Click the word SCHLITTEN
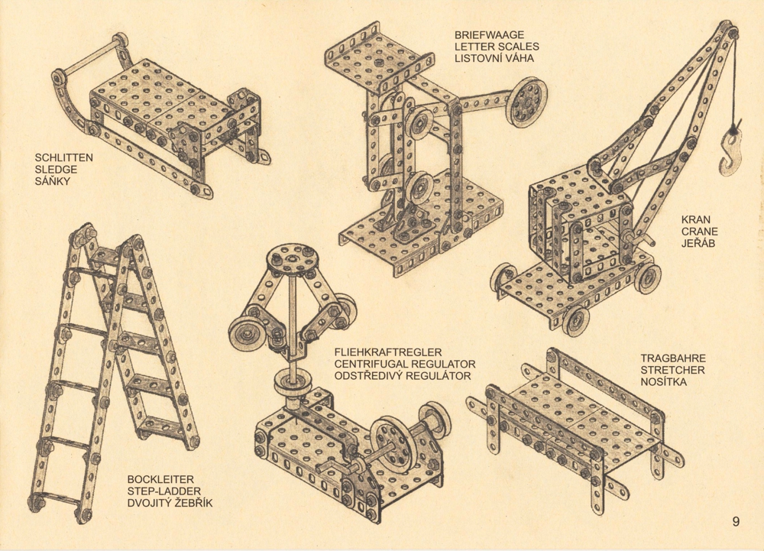64,158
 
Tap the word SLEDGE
56,170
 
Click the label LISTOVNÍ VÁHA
494,58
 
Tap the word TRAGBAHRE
673,358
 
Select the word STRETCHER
672,370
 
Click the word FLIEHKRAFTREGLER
388,352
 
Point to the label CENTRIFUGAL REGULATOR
405,364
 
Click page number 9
736,522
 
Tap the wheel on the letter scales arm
526,102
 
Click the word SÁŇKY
53,181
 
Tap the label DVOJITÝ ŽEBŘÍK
170,503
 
